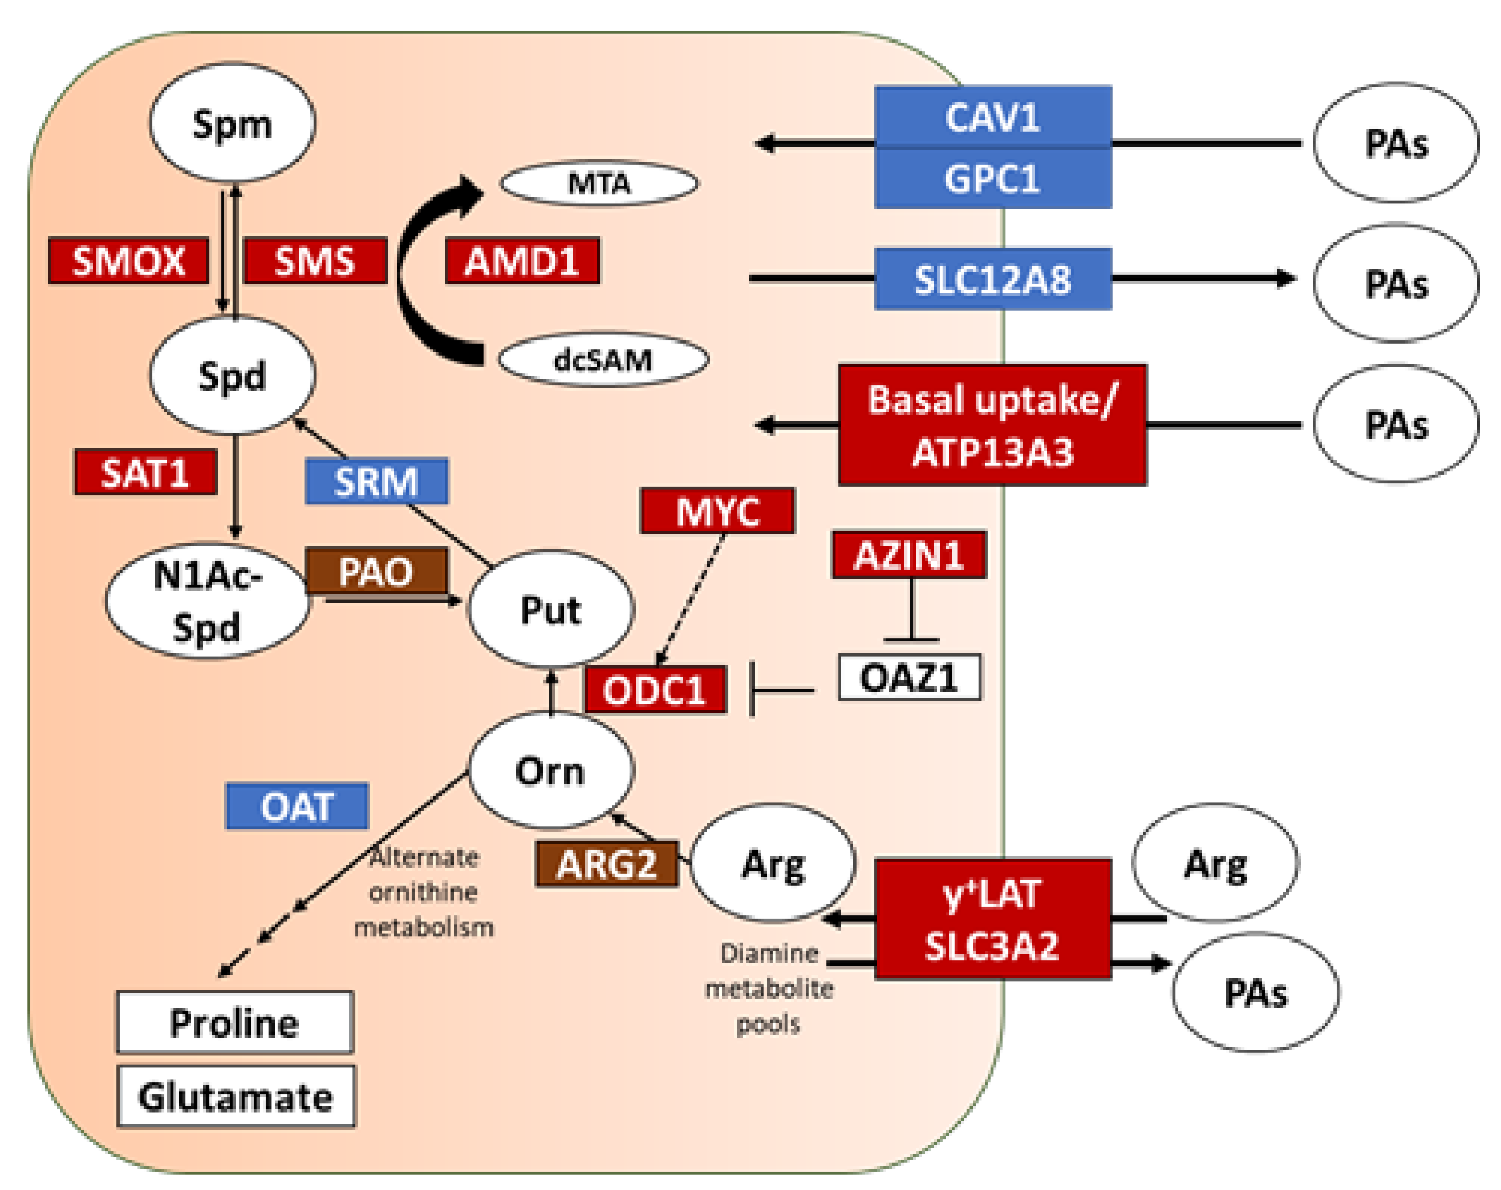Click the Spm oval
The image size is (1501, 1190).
(233, 123)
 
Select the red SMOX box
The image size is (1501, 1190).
(129, 261)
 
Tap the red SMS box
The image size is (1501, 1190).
(315, 261)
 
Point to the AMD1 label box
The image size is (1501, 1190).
(522, 261)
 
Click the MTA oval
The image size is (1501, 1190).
(599, 184)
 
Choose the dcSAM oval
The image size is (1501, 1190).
(603, 360)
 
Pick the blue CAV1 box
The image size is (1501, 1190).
(993, 116)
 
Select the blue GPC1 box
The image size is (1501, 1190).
(993, 178)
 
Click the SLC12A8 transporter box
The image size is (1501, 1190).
(993, 279)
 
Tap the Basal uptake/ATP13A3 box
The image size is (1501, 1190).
(993, 425)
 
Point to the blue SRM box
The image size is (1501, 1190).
(376, 481)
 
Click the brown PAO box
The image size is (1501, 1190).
(376, 571)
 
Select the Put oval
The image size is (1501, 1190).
(551, 610)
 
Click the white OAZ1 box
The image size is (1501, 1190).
(910, 677)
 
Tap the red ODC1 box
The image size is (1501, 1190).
(656, 690)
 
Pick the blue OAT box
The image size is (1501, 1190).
(297, 806)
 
